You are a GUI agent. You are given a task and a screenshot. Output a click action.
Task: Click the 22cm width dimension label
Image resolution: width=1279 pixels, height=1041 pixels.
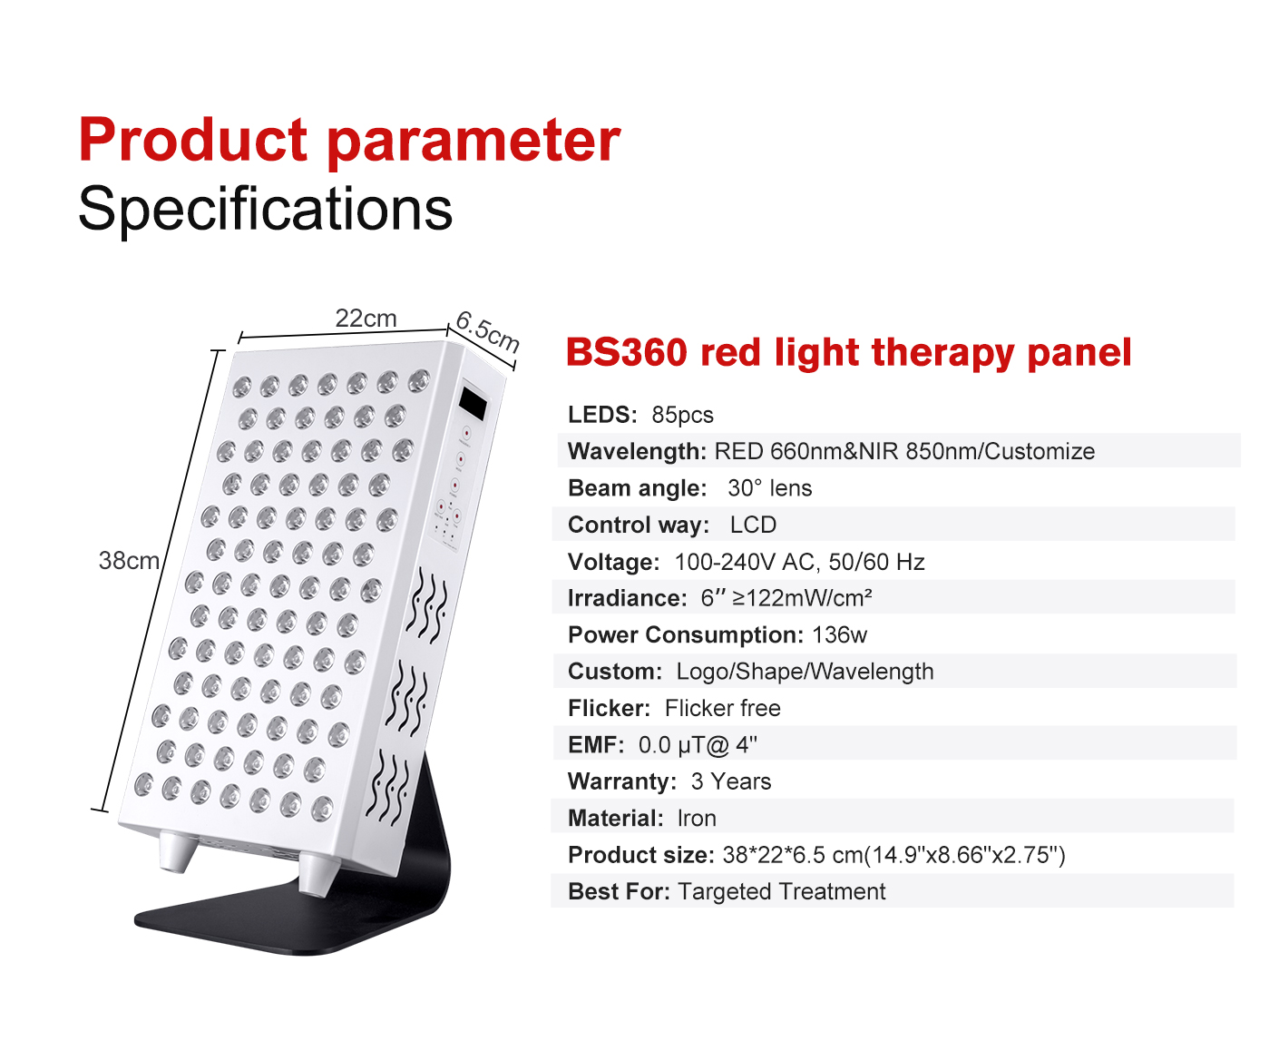click(366, 318)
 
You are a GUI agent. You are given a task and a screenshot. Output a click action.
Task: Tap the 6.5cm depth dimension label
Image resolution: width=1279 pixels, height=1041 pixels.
click(488, 331)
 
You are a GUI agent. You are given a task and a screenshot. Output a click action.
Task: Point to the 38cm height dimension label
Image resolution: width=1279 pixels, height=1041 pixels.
click(129, 560)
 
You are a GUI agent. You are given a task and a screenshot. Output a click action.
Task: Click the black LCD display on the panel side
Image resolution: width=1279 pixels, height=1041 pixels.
click(473, 403)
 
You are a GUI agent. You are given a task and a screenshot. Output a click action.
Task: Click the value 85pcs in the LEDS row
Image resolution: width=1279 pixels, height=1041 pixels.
click(682, 415)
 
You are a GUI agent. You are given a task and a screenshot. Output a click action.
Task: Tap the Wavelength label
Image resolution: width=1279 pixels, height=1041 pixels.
click(637, 451)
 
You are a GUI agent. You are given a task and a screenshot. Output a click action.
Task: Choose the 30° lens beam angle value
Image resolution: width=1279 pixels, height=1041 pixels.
click(769, 487)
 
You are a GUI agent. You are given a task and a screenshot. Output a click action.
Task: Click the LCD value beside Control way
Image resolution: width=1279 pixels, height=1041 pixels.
click(753, 525)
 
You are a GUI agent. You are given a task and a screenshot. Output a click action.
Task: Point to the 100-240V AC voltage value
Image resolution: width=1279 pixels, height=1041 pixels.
click(744, 562)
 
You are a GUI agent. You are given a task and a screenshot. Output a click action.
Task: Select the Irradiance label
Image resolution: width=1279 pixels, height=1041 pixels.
click(627, 598)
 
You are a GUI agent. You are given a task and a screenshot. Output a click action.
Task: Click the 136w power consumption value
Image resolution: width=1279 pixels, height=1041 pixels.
click(839, 634)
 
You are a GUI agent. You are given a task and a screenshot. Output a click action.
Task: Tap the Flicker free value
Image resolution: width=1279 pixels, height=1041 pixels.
click(722, 708)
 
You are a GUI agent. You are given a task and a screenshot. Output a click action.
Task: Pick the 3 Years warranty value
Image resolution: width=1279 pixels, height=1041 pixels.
click(731, 781)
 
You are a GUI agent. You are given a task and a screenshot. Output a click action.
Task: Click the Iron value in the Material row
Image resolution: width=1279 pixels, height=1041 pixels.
click(697, 818)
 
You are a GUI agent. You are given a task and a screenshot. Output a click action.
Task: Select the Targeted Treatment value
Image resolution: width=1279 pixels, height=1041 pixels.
click(781, 891)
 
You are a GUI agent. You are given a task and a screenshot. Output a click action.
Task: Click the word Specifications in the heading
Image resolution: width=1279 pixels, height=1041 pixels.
click(265, 209)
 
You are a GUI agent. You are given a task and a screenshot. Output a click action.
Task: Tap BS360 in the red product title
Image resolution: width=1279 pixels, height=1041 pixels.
click(626, 352)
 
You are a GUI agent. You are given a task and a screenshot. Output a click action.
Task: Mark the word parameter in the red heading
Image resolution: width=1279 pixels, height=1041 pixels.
click(474, 142)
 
